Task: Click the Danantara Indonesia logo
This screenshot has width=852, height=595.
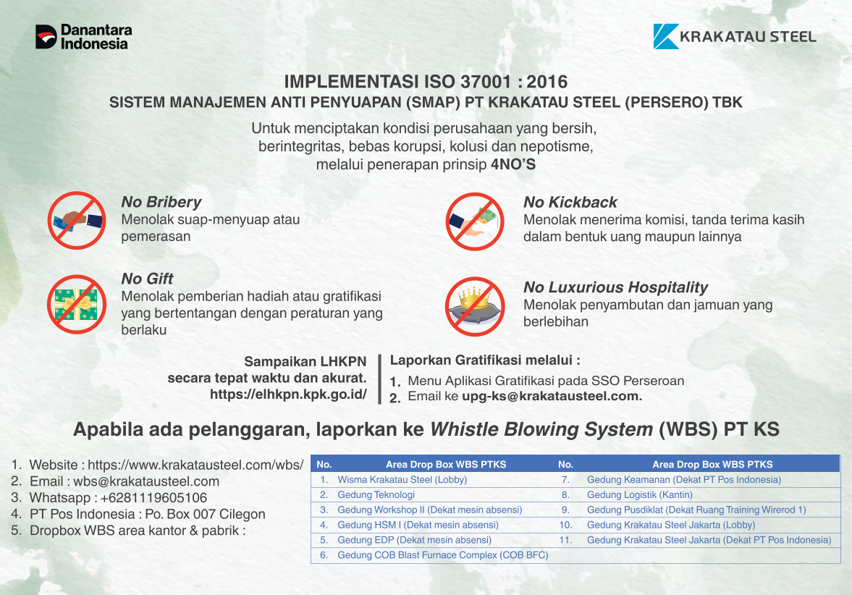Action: coord(84,37)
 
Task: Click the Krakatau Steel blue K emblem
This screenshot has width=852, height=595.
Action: coord(666,36)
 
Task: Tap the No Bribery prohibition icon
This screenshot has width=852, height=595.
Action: coord(77,220)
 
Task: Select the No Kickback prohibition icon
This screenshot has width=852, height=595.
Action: coord(475,221)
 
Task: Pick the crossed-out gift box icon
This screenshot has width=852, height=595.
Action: coord(77,304)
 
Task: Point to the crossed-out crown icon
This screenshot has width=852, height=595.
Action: coord(475,306)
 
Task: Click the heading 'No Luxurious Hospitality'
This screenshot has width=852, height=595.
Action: coord(615,287)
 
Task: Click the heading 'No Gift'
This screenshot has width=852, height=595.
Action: coord(147,279)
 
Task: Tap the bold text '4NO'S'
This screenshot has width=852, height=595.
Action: coord(513,164)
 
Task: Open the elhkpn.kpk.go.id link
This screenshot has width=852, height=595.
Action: coord(289,394)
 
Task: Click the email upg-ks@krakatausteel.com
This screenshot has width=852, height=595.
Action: coord(552,396)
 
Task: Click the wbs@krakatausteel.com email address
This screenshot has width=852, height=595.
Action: coord(146,481)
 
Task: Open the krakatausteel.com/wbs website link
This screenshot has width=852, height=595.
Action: coord(195,465)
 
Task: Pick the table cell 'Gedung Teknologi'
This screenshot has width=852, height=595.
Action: coord(376,494)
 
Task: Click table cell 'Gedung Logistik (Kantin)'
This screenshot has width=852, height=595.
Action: coord(640,494)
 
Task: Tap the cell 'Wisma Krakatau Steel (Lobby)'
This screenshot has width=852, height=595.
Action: coord(402,479)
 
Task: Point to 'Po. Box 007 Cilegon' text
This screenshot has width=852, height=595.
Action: coord(206,514)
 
